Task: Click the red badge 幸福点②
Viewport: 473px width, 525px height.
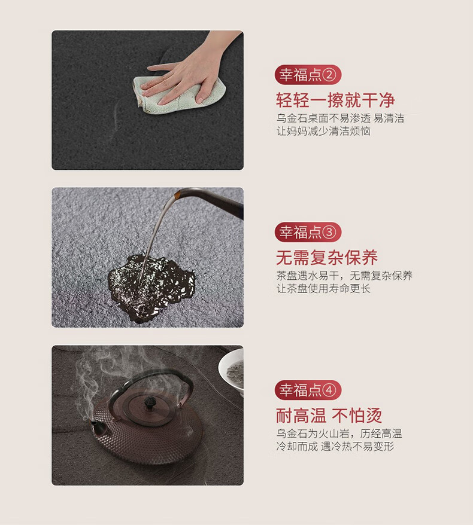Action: pyautogui.click(x=308, y=75)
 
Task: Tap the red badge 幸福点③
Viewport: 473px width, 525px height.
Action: pyautogui.click(x=308, y=232)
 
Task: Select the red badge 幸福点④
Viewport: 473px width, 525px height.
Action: pyautogui.click(x=308, y=390)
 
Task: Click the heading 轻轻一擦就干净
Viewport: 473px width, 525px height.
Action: pyautogui.click(x=335, y=100)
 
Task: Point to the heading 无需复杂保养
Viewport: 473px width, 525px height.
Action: pyautogui.click(x=327, y=258)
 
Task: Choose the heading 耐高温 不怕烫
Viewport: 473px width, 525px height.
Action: pyautogui.click(x=329, y=416)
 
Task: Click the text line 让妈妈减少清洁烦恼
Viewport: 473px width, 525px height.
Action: pyautogui.click(x=323, y=131)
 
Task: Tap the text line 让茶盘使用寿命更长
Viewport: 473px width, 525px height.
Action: pyautogui.click(x=323, y=288)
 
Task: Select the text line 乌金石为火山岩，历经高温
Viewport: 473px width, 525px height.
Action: pyautogui.click(x=339, y=434)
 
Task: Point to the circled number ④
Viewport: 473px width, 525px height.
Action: pyautogui.click(x=329, y=390)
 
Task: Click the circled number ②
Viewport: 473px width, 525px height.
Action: pyautogui.click(x=329, y=75)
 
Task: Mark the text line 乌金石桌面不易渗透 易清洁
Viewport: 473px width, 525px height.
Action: pyautogui.click(x=340, y=118)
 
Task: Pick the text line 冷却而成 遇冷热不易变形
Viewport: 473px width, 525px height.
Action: pyautogui.click(x=335, y=446)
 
